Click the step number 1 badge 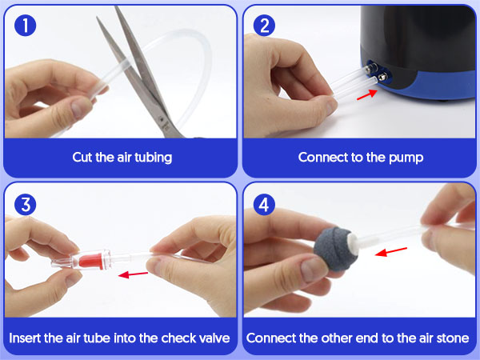25,26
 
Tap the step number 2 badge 264,26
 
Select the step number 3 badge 25,205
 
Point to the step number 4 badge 264,205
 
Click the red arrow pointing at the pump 367,94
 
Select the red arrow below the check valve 133,274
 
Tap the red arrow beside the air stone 391,251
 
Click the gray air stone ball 335,249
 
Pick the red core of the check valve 91,260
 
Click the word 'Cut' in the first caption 82,158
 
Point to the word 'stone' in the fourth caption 453,338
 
